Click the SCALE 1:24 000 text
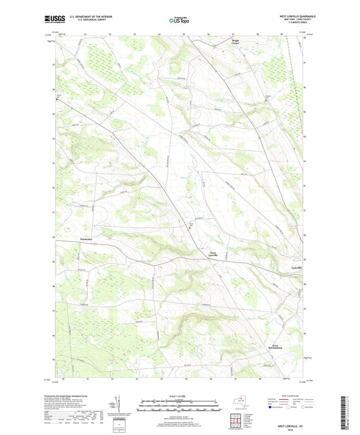[179, 396]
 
